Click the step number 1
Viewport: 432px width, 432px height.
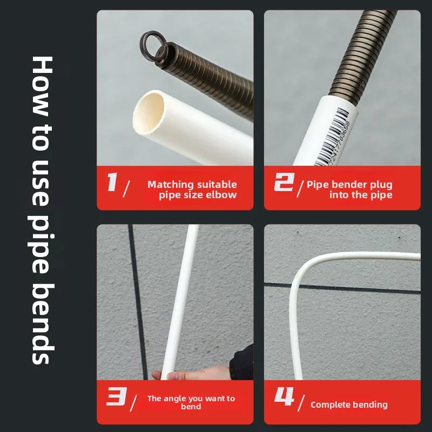click(x=112, y=182)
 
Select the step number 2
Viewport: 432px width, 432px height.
click(x=283, y=183)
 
